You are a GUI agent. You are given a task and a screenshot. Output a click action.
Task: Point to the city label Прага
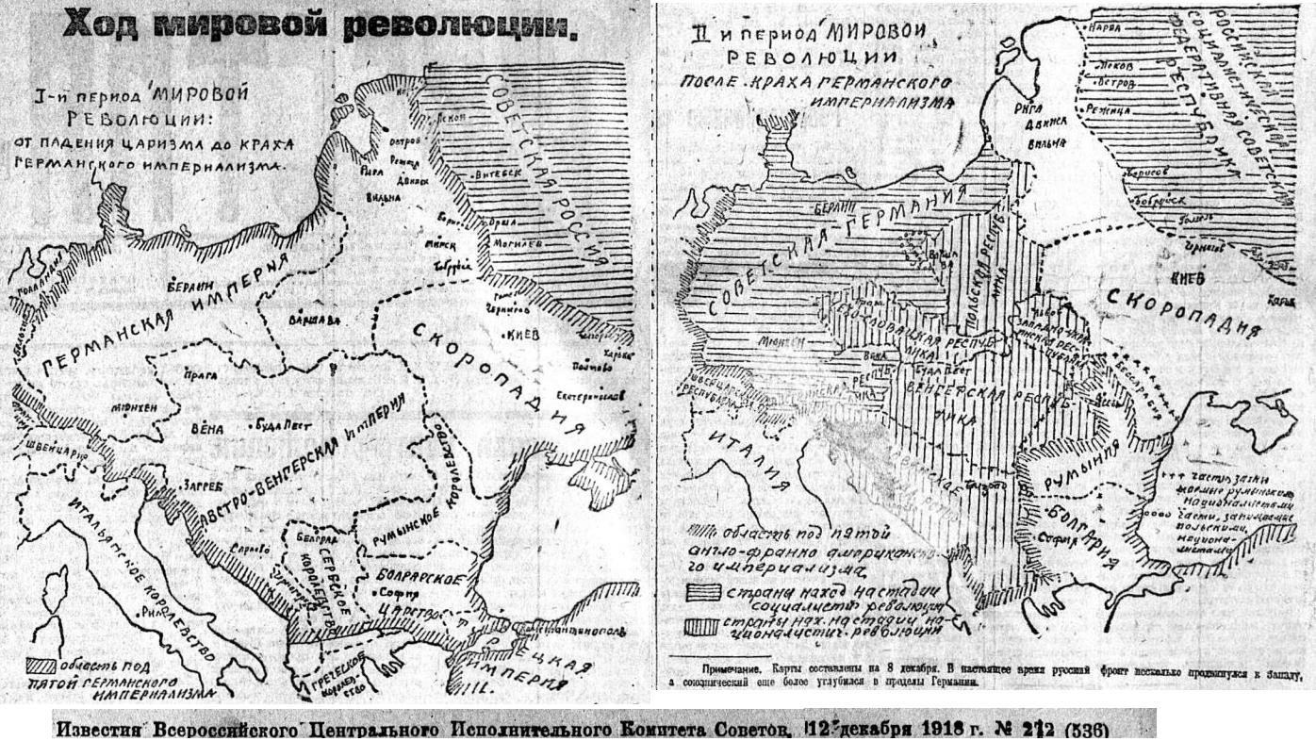click(198, 373)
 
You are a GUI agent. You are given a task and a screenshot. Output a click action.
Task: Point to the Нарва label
click(1102, 28)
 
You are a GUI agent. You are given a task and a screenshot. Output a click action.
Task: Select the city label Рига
click(1028, 107)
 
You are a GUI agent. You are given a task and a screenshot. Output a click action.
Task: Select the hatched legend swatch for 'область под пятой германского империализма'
click(40, 663)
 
